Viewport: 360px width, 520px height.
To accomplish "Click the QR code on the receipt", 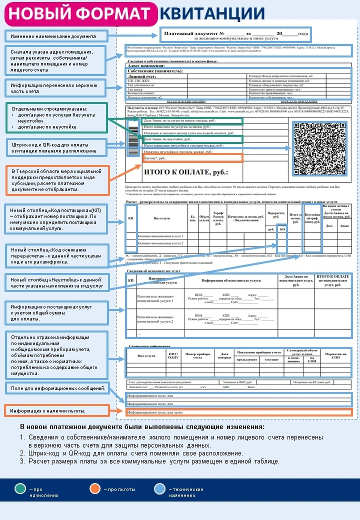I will [x=319, y=149].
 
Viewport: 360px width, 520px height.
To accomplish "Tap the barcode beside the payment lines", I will [x=133, y=140].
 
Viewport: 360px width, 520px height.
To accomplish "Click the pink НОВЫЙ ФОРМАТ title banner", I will [x=80, y=14].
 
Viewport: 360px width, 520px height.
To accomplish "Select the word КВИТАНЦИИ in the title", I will [x=212, y=14].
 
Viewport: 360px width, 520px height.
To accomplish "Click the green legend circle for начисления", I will [x=20, y=488].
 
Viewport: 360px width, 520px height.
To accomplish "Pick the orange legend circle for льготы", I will [x=95, y=488].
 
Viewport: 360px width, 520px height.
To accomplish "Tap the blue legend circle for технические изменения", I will [x=160, y=488].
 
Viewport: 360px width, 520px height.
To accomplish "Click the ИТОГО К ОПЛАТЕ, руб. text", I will [x=186, y=172].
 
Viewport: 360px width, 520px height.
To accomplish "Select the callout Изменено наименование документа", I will [x=56, y=36].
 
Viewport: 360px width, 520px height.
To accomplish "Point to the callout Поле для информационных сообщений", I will [x=57, y=388].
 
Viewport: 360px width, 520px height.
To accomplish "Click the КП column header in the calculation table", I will [x=130, y=218].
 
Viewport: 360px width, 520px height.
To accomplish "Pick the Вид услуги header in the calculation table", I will [x=162, y=218].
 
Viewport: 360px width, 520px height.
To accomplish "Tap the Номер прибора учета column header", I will [x=198, y=356].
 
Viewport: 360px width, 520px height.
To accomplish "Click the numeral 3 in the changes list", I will [x=22, y=461].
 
